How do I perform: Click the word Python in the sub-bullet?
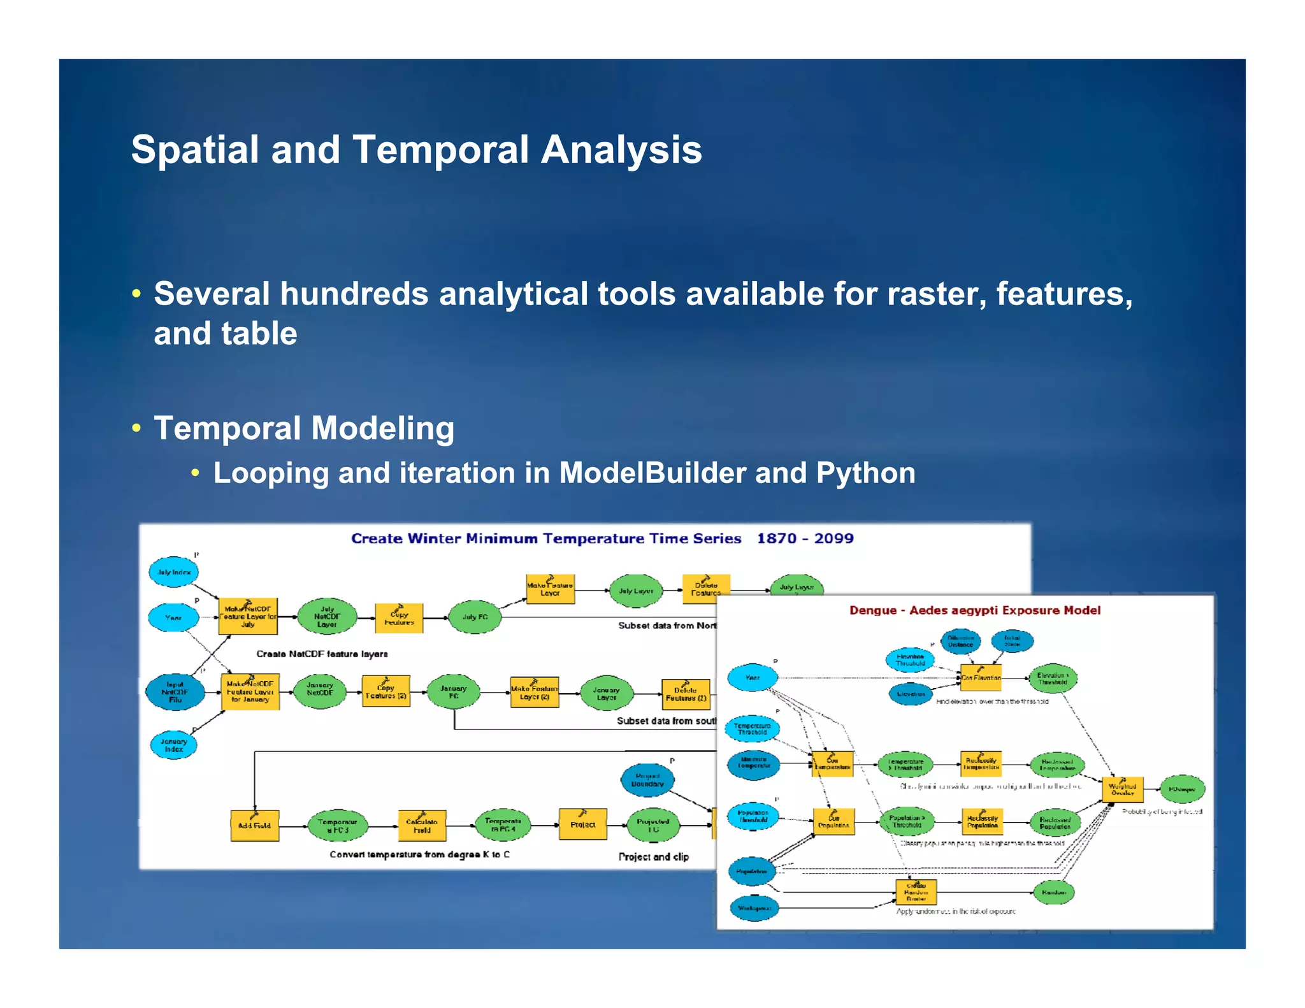tap(865, 473)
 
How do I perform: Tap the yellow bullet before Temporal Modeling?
tap(136, 428)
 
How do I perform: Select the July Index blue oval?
tap(173, 572)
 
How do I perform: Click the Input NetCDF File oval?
tap(175, 692)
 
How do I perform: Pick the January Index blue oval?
tap(173, 745)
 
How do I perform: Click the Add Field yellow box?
tap(254, 826)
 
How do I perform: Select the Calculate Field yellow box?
tap(422, 826)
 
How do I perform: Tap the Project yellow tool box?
tap(582, 824)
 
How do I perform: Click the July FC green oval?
tap(475, 617)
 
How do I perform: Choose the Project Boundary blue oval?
tap(647, 780)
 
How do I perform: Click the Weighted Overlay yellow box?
tap(1122, 789)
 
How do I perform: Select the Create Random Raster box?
tap(916, 892)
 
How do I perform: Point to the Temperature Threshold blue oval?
tap(752, 729)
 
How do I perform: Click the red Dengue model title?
tap(974, 610)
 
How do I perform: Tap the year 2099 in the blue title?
tap(833, 538)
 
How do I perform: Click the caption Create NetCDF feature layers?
tap(322, 654)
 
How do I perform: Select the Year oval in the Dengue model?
tap(753, 677)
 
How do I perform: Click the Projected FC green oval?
tap(653, 825)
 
